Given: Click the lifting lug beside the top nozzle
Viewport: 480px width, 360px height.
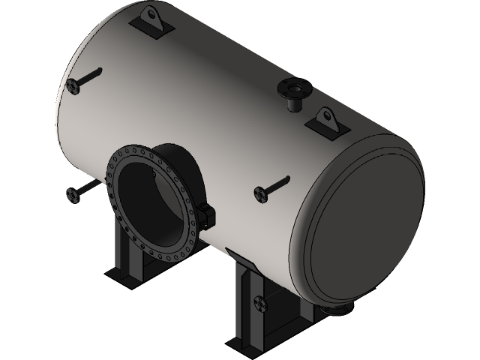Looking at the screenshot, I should [x=325, y=119].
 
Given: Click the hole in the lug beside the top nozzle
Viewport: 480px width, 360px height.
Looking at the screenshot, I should [x=325, y=115].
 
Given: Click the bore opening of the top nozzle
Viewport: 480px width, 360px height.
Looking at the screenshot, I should [x=293, y=88].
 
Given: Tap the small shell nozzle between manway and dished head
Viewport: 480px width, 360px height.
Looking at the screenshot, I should [x=260, y=193].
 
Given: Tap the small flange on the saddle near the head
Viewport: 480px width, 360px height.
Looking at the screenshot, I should [x=260, y=305].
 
